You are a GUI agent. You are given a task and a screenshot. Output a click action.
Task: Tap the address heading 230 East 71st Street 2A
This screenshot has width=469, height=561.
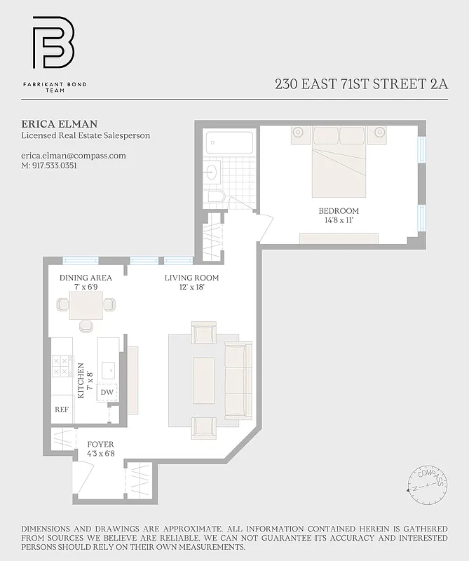point(361,85)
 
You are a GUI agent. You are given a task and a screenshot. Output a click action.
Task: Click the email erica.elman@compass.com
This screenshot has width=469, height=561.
point(74,156)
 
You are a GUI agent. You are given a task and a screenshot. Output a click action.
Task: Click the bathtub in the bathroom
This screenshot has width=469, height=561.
point(229,143)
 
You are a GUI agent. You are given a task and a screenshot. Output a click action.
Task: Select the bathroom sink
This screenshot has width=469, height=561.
point(212,170)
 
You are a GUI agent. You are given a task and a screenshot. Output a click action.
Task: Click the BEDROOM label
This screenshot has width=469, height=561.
point(338,211)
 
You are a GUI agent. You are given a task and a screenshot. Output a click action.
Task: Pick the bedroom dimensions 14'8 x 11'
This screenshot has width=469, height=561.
point(338,220)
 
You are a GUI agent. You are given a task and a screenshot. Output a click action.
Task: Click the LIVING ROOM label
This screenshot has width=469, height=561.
point(191,278)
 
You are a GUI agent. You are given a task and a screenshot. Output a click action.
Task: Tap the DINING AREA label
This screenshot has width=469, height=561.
point(86,278)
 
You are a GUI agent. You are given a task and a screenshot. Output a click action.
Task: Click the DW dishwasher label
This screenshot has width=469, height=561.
point(107,393)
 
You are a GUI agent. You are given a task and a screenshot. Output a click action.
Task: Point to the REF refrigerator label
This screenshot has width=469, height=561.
point(62,410)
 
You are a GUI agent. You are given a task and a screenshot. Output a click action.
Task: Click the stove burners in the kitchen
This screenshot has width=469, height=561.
point(61,366)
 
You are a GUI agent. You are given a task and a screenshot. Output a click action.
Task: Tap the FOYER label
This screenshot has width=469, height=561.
point(100,445)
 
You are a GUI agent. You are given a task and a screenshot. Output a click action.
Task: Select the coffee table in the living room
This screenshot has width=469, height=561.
point(203,379)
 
